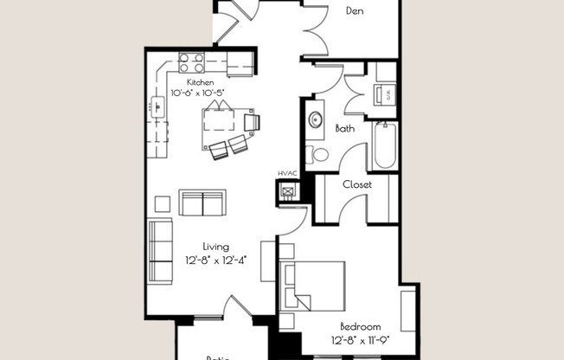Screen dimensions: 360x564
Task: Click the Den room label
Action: (x=354, y=11)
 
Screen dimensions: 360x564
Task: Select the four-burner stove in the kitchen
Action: (x=191, y=62)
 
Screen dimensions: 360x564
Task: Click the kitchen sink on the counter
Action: (x=157, y=107)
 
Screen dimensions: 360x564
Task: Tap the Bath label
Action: (x=345, y=128)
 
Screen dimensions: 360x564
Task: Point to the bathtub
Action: (x=384, y=145)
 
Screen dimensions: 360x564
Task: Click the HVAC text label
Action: (x=288, y=173)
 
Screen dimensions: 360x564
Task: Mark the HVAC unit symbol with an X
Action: (x=287, y=191)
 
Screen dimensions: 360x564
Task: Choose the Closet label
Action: (x=357, y=183)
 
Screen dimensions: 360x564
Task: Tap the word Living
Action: (x=216, y=247)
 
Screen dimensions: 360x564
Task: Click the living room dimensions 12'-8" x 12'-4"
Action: (x=216, y=259)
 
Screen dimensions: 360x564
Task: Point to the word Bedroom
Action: (x=361, y=326)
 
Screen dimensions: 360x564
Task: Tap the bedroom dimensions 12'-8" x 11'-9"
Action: (x=361, y=338)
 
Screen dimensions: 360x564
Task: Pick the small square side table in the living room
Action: (x=163, y=203)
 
